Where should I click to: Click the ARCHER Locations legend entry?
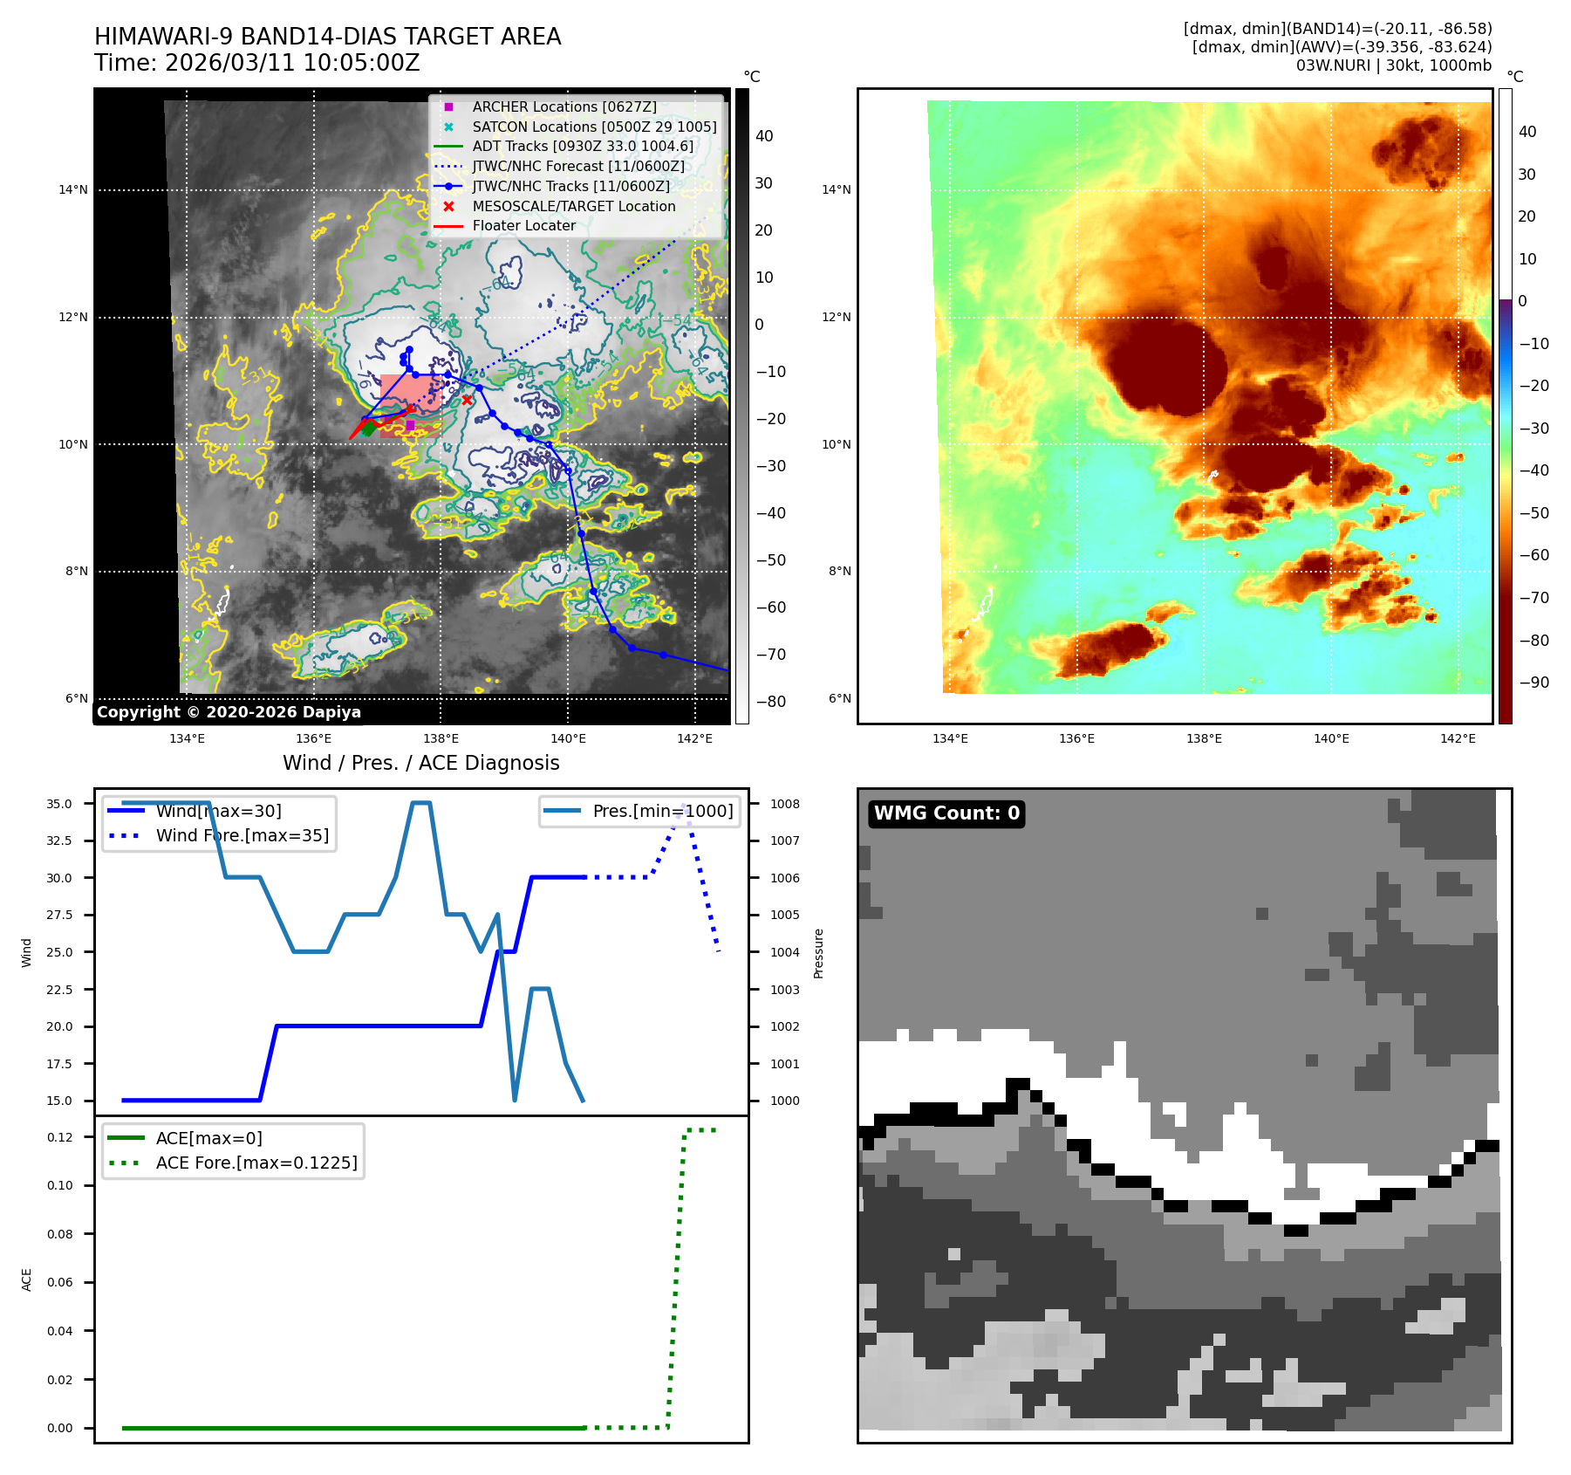pyautogui.click(x=564, y=106)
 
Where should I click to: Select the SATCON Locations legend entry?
pyautogui.click(x=594, y=127)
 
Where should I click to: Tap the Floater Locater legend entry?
pyautogui.click(x=523, y=225)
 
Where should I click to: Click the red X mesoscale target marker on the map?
pyautogui.click(x=468, y=400)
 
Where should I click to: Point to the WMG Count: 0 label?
pyautogui.click(x=946, y=813)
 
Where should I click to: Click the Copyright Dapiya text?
pyautogui.click(x=229, y=712)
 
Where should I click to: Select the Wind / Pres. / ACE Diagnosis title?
pyautogui.click(x=421, y=763)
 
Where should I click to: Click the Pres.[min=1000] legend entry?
pyautogui.click(x=662, y=811)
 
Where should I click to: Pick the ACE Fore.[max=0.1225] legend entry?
pyautogui.click(x=256, y=1163)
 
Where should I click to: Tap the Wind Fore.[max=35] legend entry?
pyautogui.click(x=242, y=835)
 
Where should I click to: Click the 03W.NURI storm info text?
pyautogui.click(x=1393, y=65)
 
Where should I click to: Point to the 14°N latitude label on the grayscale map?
pyautogui.click(x=73, y=190)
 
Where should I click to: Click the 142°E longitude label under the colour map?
pyautogui.click(x=1458, y=738)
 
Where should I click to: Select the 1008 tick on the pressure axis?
pyautogui.click(x=784, y=804)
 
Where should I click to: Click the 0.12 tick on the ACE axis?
pyautogui.click(x=60, y=1137)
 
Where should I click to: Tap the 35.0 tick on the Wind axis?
pyautogui.click(x=59, y=804)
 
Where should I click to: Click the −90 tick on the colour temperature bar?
pyautogui.click(x=1533, y=683)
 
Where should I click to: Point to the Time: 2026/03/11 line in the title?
pyautogui.click(x=257, y=63)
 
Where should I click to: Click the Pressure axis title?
pyautogui.click(x=818, y=953)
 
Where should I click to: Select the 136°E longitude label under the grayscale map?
pyautogui.click(x=314, y=738)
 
